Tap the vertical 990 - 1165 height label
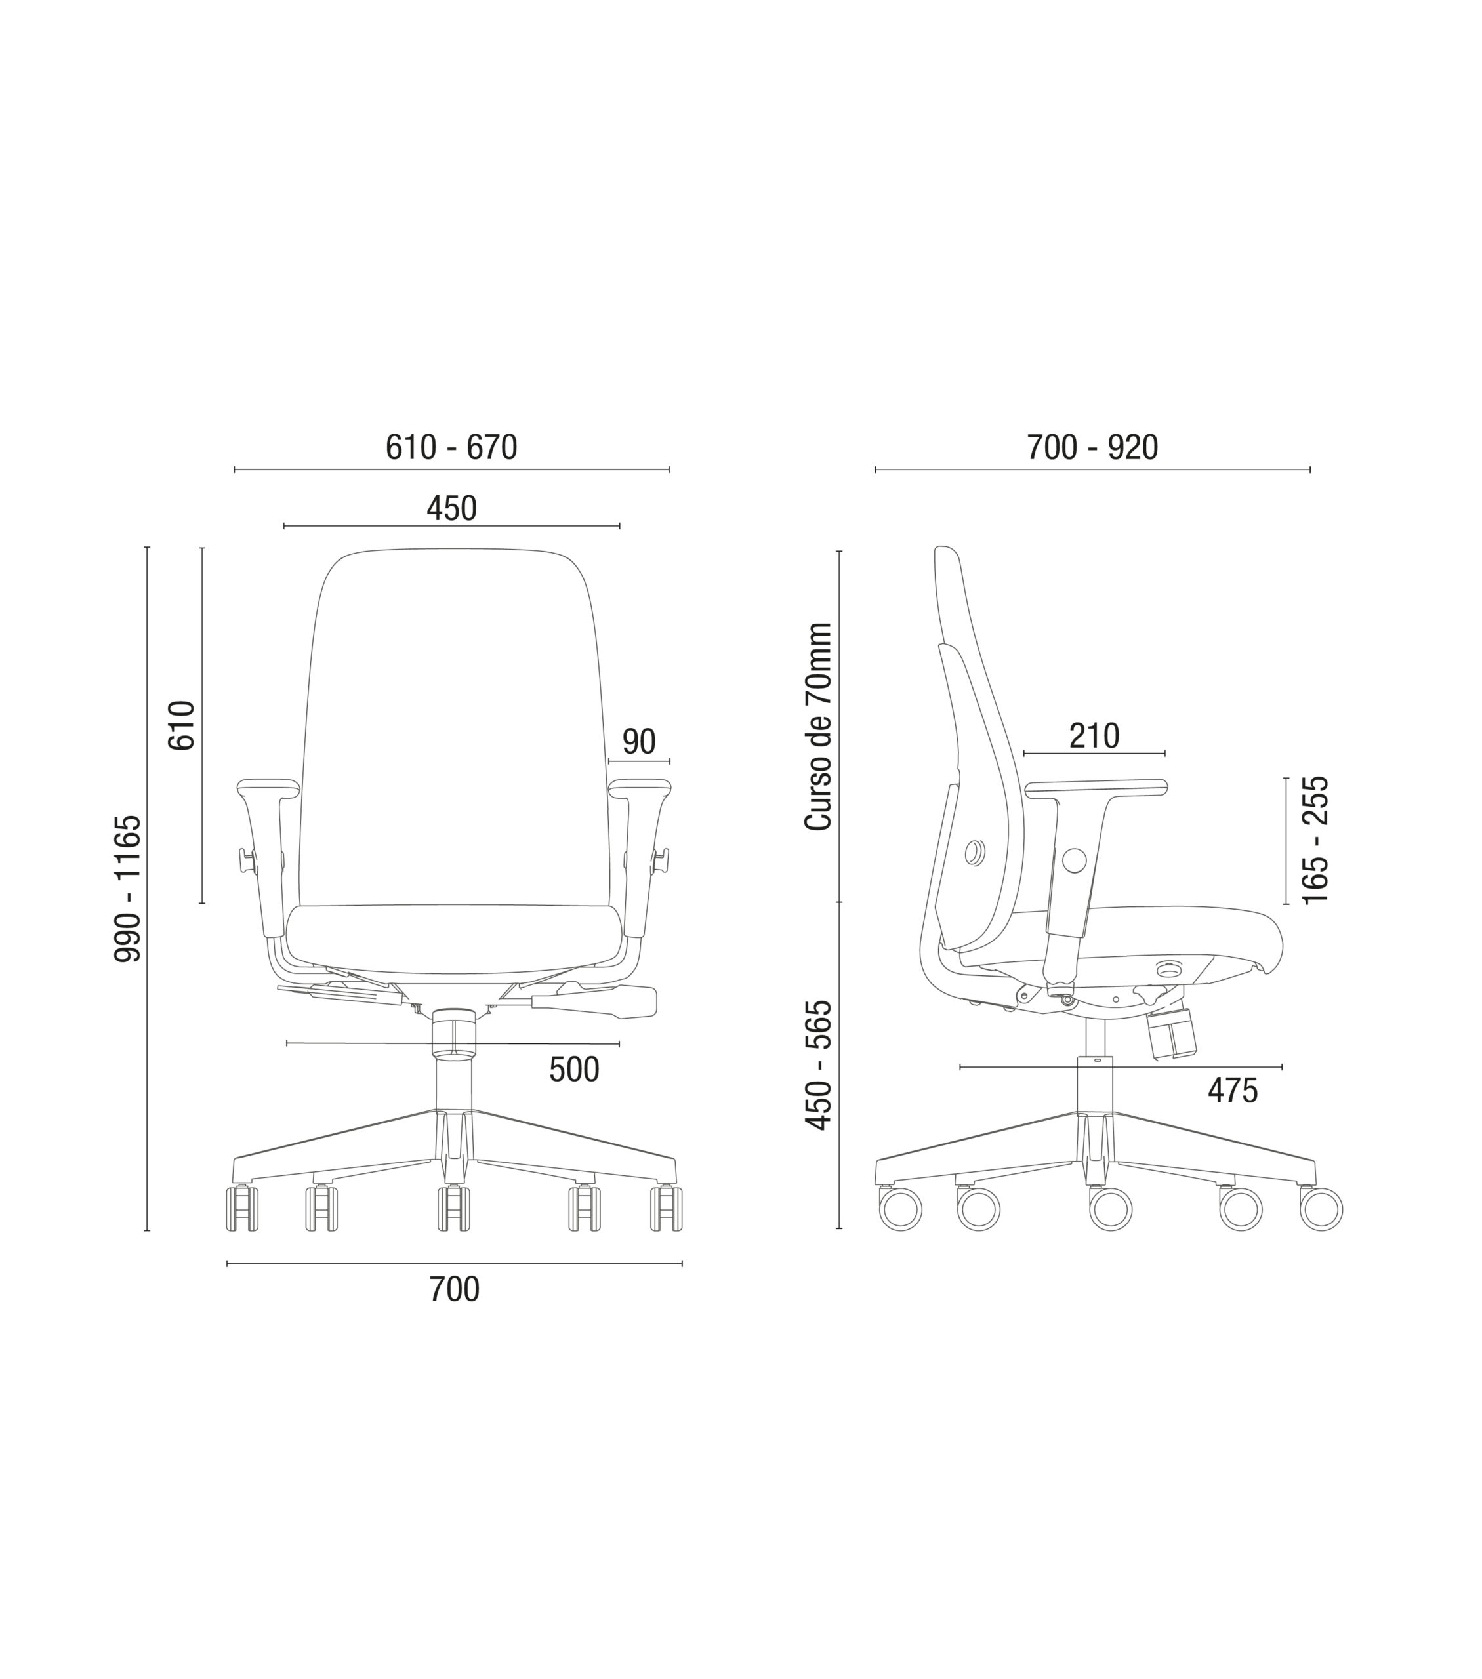[x=128, y=888]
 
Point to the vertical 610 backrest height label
[x=182, y=725]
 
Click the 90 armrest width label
[x=639, y=742]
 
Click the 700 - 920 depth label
[x=1092, y=448]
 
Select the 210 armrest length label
[x=1094, y=736]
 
